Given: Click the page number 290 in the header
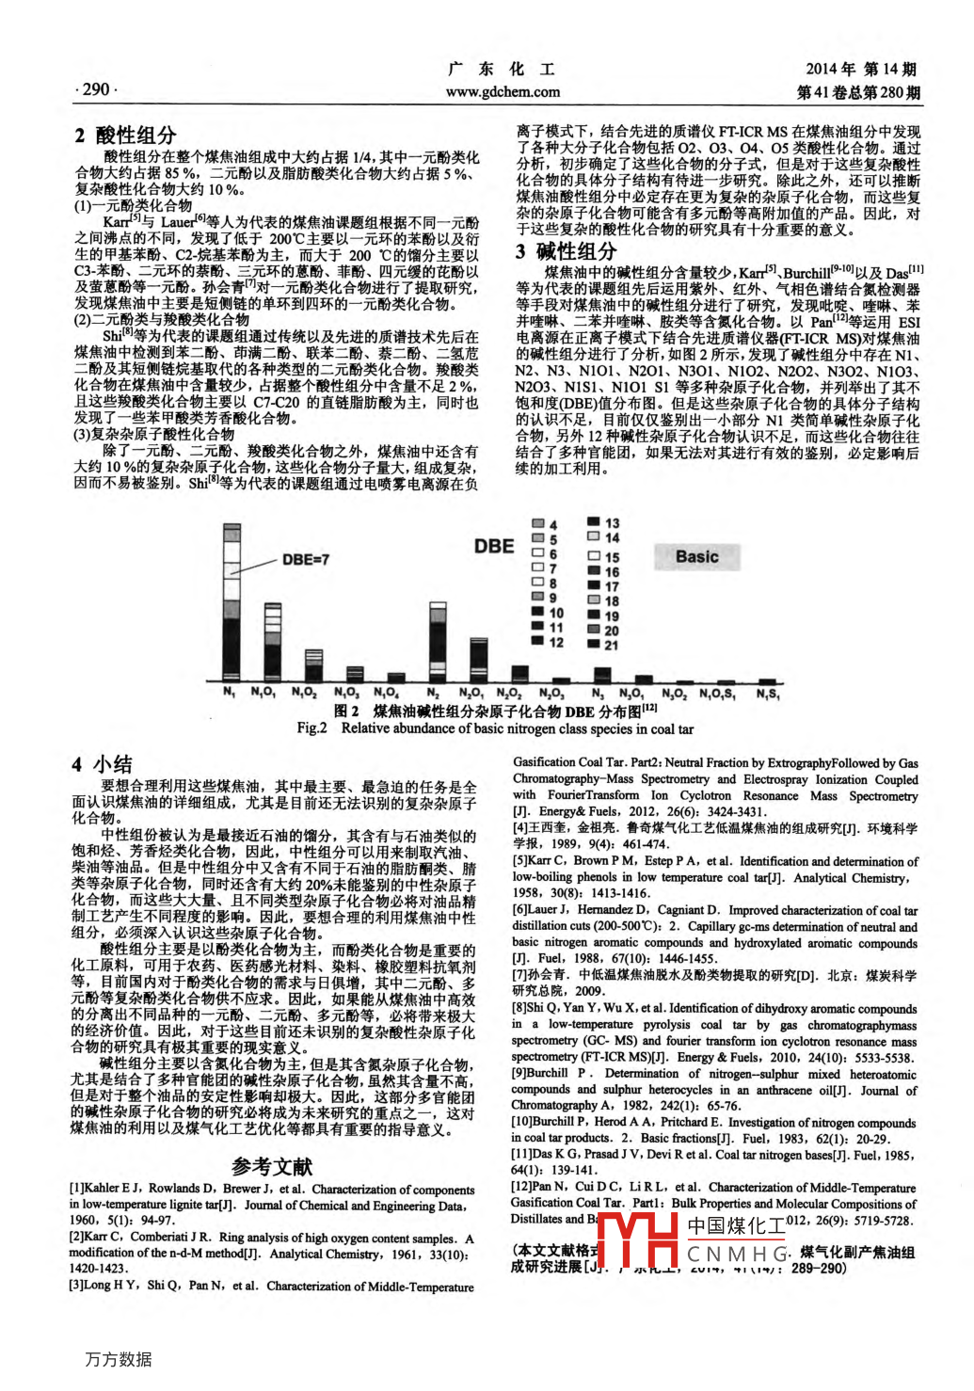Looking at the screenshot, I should click(x=94, y=89).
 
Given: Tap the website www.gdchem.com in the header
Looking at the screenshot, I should click(x=503, y=92).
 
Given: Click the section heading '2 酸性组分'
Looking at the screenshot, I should click(x=126, y=136).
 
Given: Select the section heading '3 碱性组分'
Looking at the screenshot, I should click(x=566, y=251).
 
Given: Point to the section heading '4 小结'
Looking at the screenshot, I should click(x=103, y=764).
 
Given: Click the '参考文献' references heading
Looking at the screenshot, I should click(x=272, y=1167).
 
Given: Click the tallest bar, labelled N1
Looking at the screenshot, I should click(x=231, y=602).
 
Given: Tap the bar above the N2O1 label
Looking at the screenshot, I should click(x=479, y=658).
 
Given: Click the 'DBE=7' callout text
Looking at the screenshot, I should click(x=305, y=560).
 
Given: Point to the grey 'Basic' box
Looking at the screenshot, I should click(x=697, y=557).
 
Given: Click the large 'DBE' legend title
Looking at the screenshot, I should click(x=494, y=547).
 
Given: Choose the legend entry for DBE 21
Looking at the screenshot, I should click(x=603, y=645).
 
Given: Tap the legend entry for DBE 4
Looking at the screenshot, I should click(x=545, y=524).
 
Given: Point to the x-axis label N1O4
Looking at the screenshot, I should click(x=386, y=694).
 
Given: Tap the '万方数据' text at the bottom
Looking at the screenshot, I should click(x=118, y=1359).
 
